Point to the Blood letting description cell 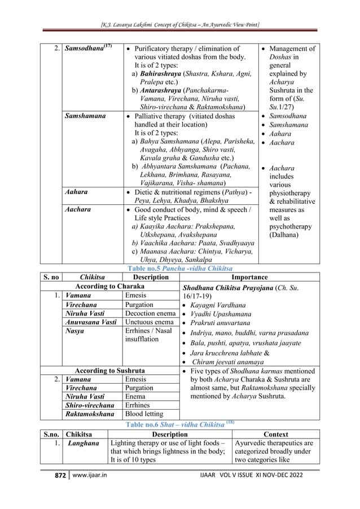pyautogui.click(x=144, y=414)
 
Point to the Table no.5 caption pyautogui.click(x=179, y=268)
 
